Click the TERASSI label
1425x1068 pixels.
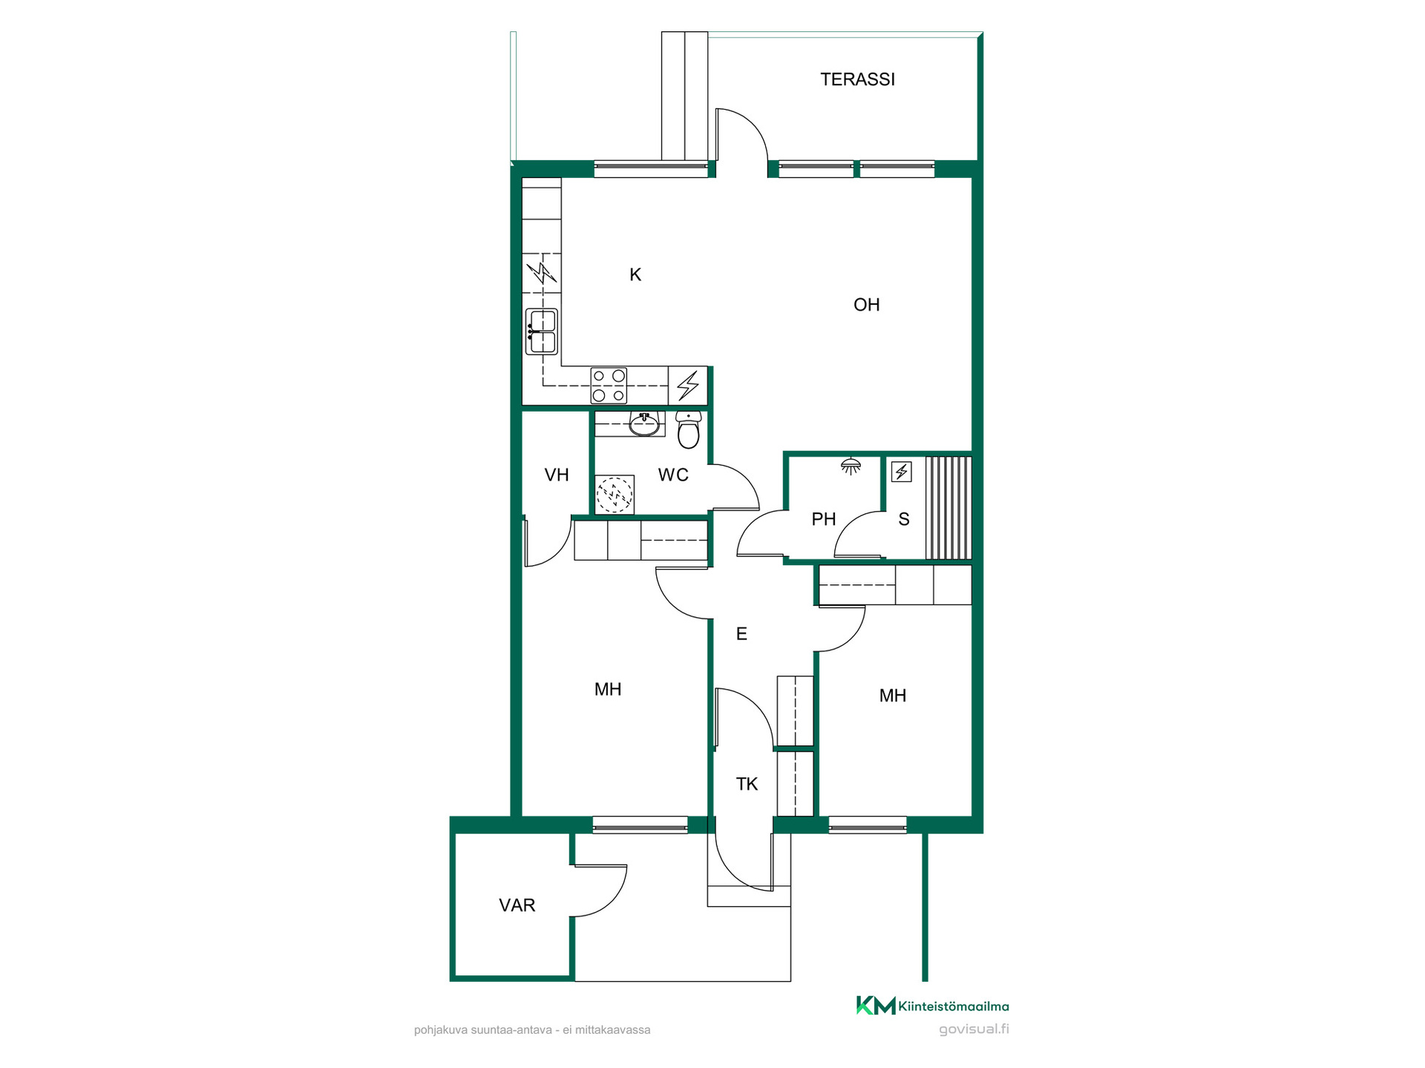[x=857, y=79]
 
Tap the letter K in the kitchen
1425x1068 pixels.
[x=635, y=275]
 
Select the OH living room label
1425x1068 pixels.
[x=866, y=305]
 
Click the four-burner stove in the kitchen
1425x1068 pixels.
[x=609, y=386]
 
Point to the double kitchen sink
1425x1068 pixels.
[x=542, y=332]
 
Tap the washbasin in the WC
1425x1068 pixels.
[x=644, y=424]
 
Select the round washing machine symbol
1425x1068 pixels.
[x=615, y=494]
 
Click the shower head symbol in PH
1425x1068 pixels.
[x=851, y=466]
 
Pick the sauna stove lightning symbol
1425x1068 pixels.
[x=902, y=472]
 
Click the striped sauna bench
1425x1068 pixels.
[x=949, y=508]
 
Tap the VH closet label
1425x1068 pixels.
[x=557, y=475]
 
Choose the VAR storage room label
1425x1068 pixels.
[x=517, y=905]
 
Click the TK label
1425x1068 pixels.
[x=747, y=784]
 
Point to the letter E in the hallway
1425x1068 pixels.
[x=741, y=634]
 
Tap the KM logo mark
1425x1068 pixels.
[x=876, y=1006]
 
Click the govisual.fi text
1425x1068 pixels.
[x=974, y=1029]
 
